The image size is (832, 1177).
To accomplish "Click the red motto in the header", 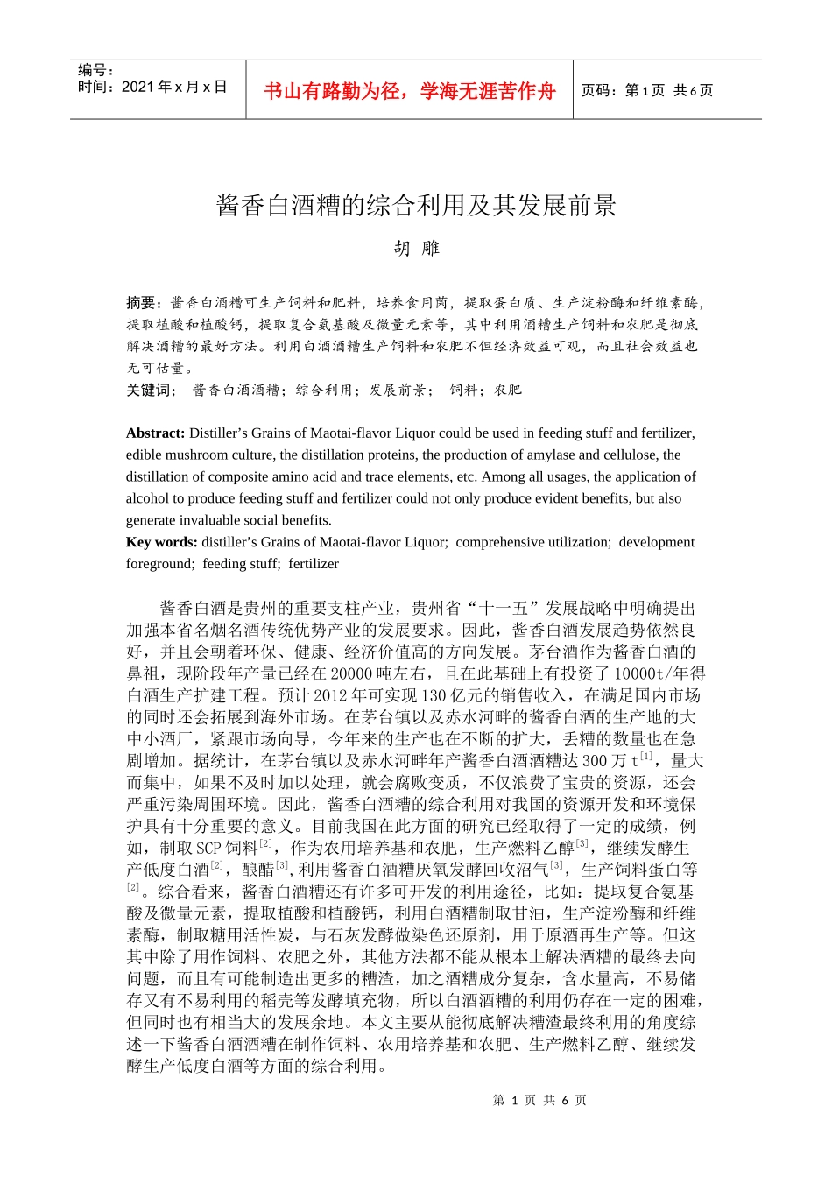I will tap(409, 91).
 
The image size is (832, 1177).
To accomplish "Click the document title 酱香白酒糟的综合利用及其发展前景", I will tap(416, 206).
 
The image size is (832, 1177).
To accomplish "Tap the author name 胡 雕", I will tap(416, 249).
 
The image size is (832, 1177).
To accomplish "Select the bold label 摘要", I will tap(141, 303).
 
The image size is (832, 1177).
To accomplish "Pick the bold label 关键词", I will tap(150, 390).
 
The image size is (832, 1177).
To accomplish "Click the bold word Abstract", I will tap(155, 433).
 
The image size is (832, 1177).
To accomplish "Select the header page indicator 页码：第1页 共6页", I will tap(647, 91).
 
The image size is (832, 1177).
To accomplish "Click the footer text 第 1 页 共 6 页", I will tap(539, 1100).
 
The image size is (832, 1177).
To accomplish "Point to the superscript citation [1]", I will tap(646, 757).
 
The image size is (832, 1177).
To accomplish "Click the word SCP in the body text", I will tap(208, 848).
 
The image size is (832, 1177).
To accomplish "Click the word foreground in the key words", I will tap(160, 564).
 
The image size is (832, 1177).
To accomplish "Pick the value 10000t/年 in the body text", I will tap(659, 673).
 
